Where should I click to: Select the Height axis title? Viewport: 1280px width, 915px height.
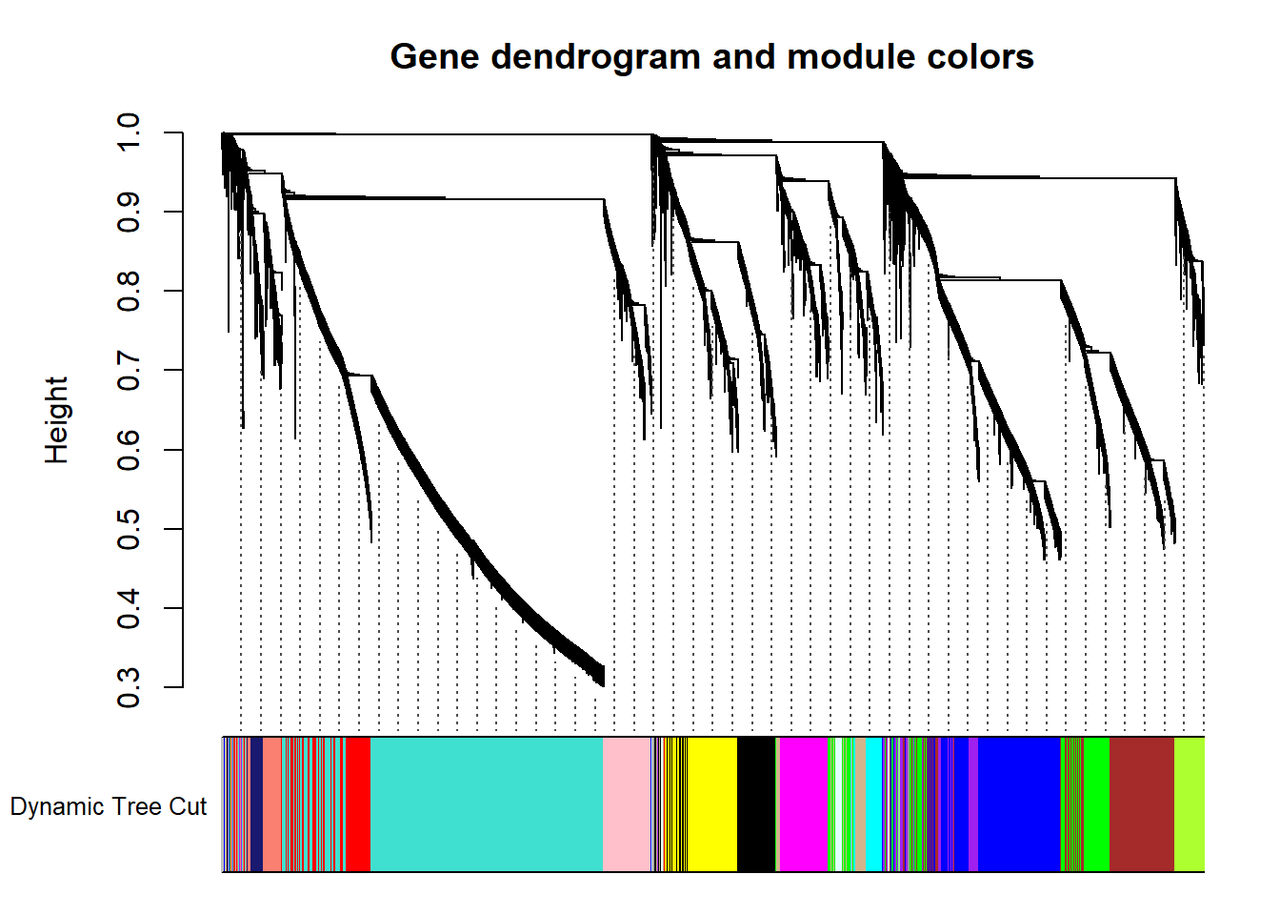click(x=56, y=420)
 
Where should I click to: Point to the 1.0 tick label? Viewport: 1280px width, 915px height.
click(x=128, y=132)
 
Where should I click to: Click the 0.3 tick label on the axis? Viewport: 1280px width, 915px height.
click(x=128, y=687)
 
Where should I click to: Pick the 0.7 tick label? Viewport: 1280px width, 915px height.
click(x=128, y=371)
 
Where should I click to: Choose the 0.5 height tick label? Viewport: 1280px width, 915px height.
click(x=128, y=529)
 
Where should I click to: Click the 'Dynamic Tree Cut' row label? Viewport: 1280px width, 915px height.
click(x=108, y=806)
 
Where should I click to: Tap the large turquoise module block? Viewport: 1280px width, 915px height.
click(x=487, y=804)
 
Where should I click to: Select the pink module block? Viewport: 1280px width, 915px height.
click(x=627, y=804)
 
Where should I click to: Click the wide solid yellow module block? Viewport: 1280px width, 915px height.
click(x=712, y=804)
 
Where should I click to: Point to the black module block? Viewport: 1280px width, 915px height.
click(x=756, y=804)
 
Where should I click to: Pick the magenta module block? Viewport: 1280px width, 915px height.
click(x=804, y=804)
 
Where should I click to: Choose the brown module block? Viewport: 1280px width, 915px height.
click(x=1142, y=804)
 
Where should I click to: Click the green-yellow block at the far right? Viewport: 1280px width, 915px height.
click(x=1190, y=804)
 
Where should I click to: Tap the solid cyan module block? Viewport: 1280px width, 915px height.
click(x=873, y=804)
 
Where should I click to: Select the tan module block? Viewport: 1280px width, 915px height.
click(x=861, y=804)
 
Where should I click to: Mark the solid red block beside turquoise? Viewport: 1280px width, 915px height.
click(x=358, y=804)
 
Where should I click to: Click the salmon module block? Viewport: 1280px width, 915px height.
click(x=272, y=804)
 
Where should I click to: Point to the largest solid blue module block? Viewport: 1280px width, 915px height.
click(x=1019, y=804)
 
